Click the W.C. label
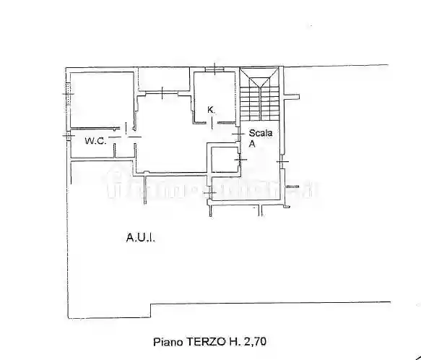(x=95, y=141)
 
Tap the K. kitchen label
(x=212, y=110)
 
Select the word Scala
(x=261, y=133)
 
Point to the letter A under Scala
(x=253, y=144)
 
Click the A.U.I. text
(x=142, y=236)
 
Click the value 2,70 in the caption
(x=254, y=340)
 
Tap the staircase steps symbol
(x=260, y=98)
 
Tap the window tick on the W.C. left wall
(x=68, y=135)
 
